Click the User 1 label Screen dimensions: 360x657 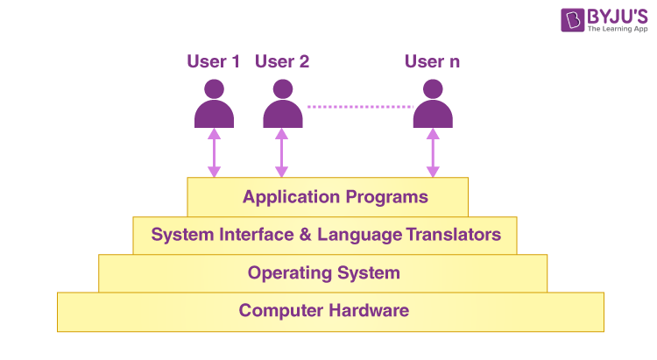(213, 61)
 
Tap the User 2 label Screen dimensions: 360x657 (281, 61)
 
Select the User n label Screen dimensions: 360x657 (432, 61)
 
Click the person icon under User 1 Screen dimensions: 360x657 (214, 104)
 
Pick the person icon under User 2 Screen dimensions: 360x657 (282, 104)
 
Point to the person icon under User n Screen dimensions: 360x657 (433, 104)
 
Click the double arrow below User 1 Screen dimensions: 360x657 (214, 153)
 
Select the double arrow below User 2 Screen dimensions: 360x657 (281, 153)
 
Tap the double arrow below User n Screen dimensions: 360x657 (433, 153)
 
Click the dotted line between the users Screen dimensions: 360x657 (359, 107)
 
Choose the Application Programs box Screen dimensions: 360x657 (328, 196)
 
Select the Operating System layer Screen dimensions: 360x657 (323, 272)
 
